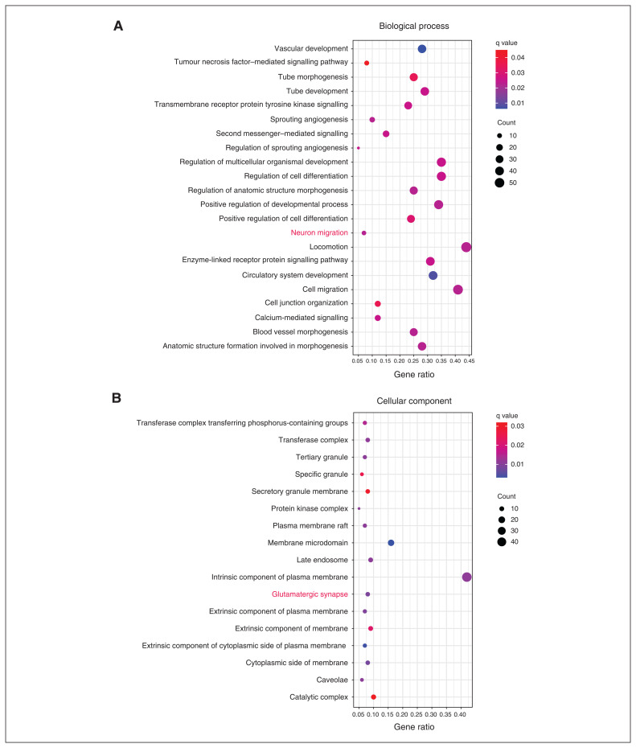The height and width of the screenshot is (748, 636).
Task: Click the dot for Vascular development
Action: [422, 49]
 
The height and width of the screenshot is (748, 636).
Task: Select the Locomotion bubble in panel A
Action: [466, 247]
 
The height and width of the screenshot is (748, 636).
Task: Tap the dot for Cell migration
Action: [458, 290]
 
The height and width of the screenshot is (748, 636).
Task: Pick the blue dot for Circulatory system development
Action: [433, 275]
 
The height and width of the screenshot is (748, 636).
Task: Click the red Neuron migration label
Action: [319, 232]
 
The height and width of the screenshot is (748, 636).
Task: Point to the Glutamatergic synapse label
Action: [310, 594]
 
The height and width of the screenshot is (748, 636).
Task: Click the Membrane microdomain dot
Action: [392, 543]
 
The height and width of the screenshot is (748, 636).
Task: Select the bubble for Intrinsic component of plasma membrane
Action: [467, 577]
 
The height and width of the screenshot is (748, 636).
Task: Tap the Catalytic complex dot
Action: [374, 697]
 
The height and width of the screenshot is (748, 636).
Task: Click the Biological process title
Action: [414, 26]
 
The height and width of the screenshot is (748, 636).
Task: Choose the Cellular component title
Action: [414, 401]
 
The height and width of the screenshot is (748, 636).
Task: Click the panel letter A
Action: [118, 26]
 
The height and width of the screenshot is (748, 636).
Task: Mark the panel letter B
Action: [117, 398]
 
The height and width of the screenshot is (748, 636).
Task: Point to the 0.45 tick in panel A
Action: [468, 361]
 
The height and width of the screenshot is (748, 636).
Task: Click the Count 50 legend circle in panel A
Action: [499, 183]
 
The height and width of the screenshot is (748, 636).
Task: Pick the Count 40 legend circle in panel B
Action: [501, 543]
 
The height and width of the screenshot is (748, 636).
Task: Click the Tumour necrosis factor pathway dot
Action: [367, 63]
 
